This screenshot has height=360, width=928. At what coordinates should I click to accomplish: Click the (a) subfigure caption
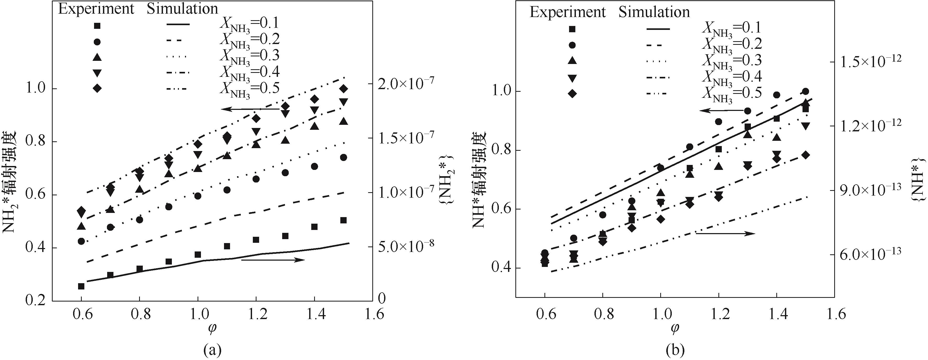[212, 350]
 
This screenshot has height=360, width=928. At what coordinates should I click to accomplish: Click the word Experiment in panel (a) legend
[96, 9]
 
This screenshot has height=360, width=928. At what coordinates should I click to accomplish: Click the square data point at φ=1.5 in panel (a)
[343, 220]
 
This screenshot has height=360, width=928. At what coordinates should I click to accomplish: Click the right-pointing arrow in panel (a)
[273, 260]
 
